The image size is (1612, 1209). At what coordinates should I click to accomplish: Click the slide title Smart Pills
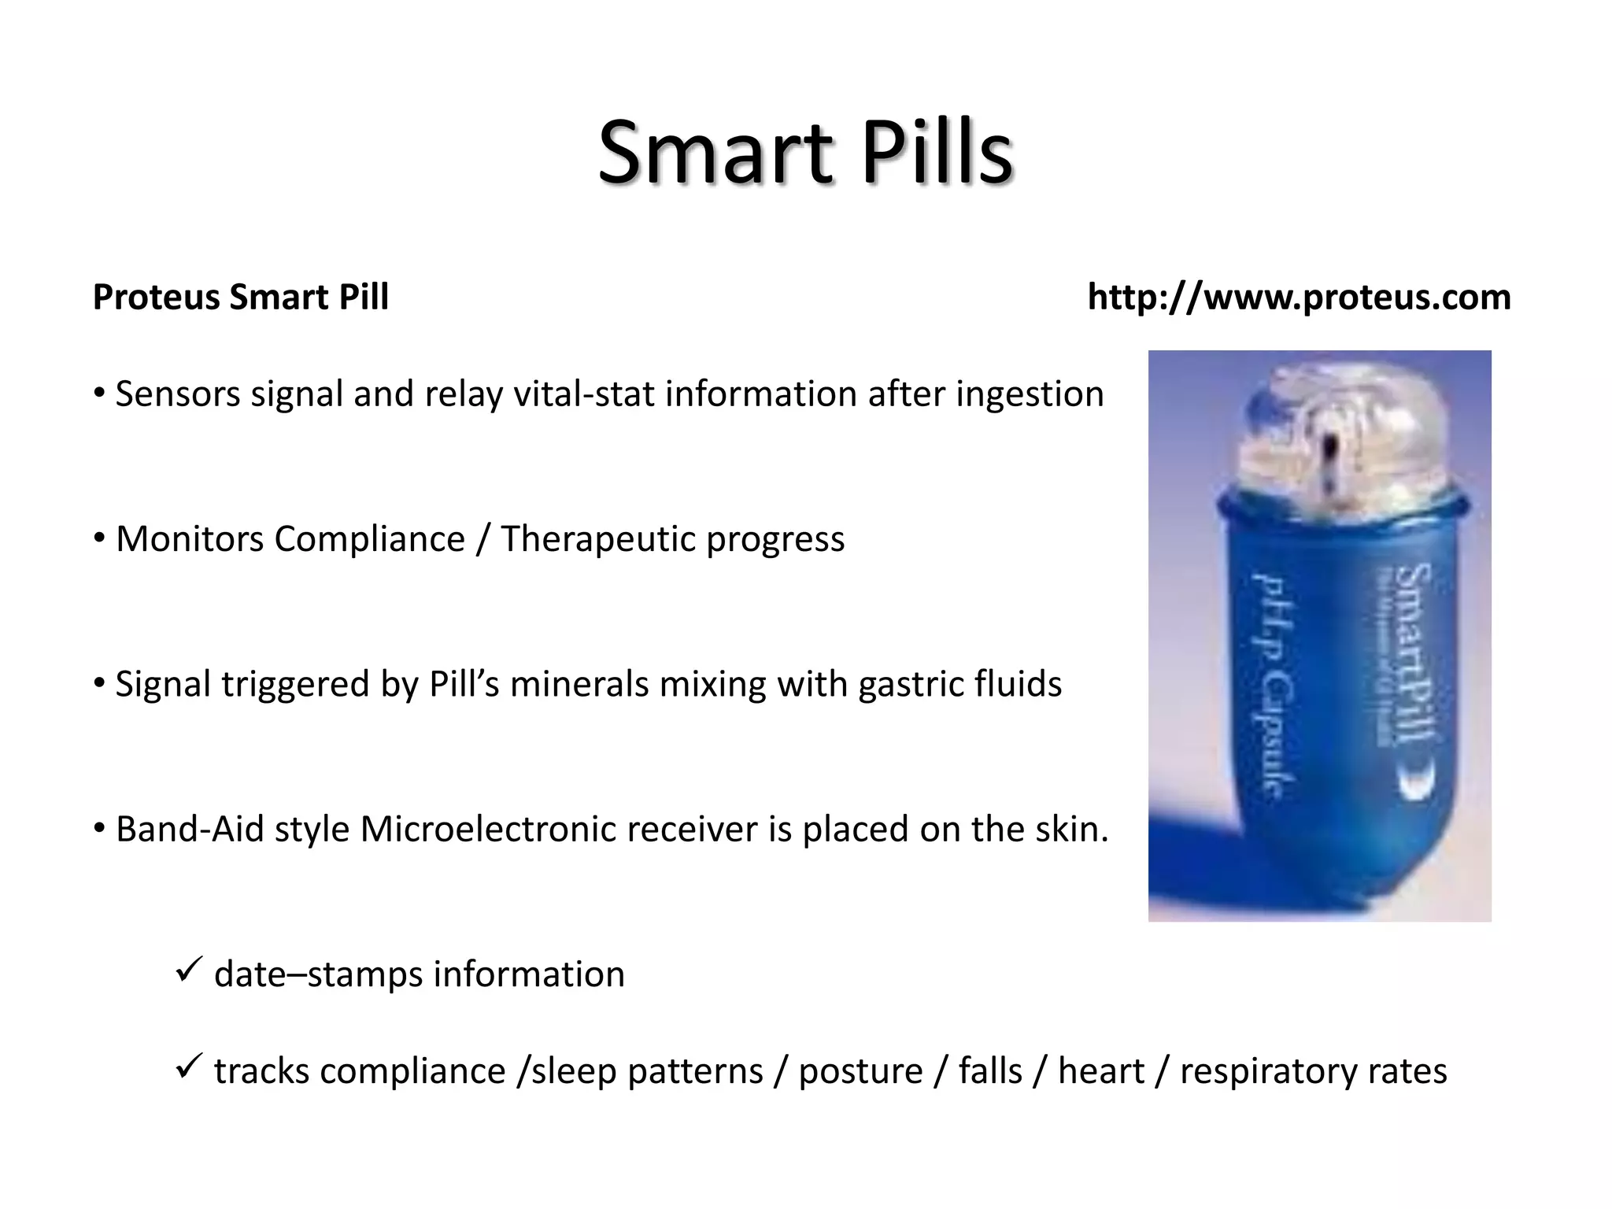click(x=804, y=151)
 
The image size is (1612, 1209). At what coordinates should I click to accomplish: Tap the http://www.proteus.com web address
click(x=1299, y=298)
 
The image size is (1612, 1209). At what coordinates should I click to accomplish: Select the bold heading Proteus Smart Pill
click(x=241, y=298)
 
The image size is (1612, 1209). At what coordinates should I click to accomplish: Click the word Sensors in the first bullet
click(x=177, y=394)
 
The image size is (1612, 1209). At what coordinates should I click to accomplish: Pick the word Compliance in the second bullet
click(x=369, y=540)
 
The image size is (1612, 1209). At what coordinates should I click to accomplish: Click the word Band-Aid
click(x=190, y=829)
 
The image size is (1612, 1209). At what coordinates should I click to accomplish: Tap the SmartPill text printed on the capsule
click(x=1413, y=653)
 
